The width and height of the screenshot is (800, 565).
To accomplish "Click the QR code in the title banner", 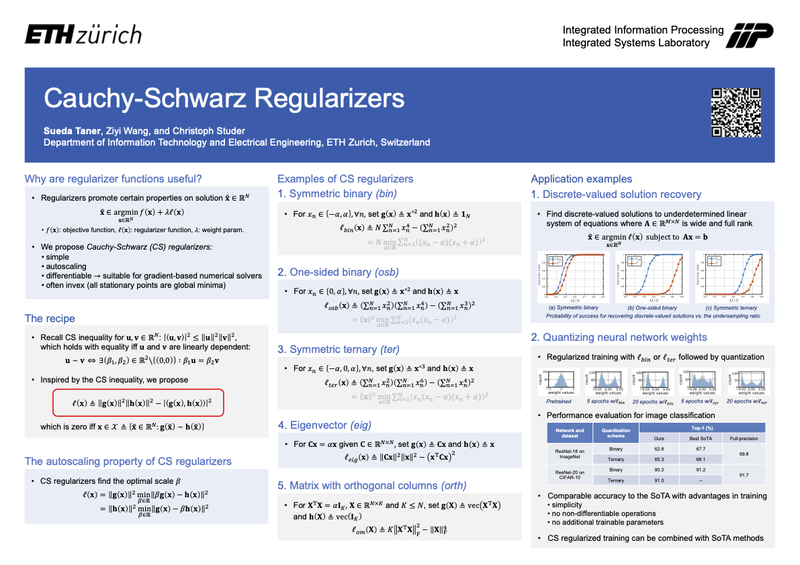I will pyautogui.click(x=736, y=113).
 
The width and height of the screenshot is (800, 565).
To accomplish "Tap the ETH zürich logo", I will pyautogui.click(x=83, y=35).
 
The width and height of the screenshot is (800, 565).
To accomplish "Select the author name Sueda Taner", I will pyautogui.click(x=71, y=131).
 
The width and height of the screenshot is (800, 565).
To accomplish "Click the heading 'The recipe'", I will pyautogui.click(x=50, y=318).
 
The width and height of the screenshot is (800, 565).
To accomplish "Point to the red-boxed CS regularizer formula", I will pyautogui.click(x=138, y=403).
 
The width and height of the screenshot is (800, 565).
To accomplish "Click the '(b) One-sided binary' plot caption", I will pyautogui.click(x=651, y=307).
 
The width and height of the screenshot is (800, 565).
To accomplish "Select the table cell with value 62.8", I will pyautogui.click(x=659, y=449).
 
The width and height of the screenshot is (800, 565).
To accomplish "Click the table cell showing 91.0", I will pyautogui.click(x=659, y=480).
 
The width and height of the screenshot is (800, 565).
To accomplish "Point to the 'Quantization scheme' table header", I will pyautogui.click(x=615, y=433).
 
